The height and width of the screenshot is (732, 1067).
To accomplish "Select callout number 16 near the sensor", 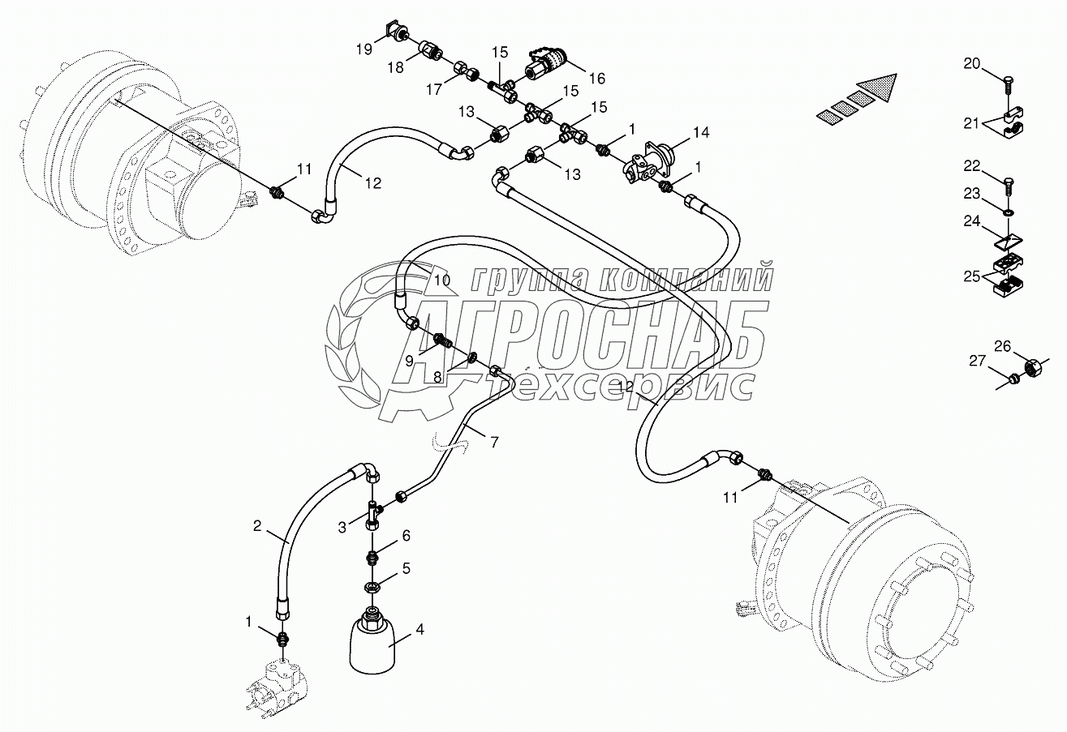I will (x=596, y=79).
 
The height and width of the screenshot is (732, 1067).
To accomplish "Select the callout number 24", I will (x=972, y=221).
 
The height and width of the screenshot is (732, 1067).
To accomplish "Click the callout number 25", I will (x=972, y=276).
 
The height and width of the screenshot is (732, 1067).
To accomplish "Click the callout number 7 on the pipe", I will (x=494, y=443).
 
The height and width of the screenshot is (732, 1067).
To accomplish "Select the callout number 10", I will (x=441, y=280).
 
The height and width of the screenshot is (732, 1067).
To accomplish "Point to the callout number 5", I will (x=406, y=569).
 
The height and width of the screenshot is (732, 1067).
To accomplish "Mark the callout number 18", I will (x=395, y=69).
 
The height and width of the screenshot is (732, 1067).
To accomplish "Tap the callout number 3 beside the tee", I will (x=343, y=527).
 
